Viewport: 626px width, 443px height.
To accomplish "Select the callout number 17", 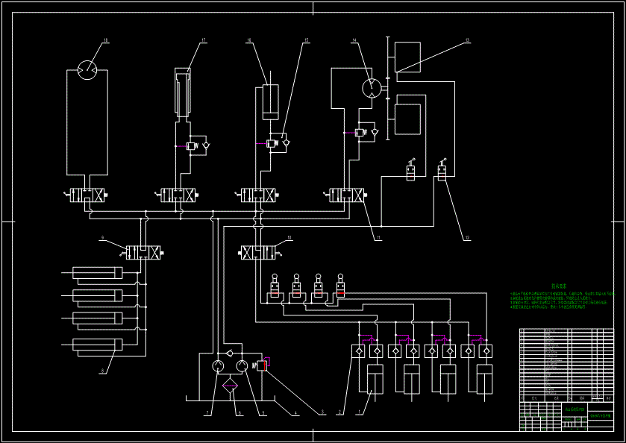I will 203,40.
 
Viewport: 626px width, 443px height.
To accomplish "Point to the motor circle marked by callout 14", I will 371,88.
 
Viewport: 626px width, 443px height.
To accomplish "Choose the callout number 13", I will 467,40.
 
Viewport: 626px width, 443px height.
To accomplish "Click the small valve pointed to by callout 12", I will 442,174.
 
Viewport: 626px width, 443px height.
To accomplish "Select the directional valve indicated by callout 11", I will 347,195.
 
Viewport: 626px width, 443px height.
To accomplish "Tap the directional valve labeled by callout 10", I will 256,254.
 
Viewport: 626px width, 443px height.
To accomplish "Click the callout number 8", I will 102,371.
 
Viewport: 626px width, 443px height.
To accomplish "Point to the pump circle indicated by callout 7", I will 217,366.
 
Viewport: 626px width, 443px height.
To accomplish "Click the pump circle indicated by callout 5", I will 243,366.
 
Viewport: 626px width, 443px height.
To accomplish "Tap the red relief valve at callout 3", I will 264,365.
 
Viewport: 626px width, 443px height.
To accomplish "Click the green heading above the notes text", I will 559,286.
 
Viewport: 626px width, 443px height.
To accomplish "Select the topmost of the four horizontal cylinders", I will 98,273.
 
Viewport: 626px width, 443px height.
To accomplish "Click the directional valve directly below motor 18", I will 87,195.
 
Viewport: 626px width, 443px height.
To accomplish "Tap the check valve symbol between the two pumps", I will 230,351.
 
